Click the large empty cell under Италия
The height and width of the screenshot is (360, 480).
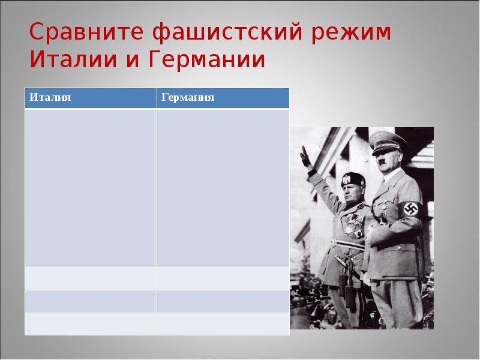pos(90,187)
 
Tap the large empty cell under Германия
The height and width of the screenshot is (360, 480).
pos(223,187)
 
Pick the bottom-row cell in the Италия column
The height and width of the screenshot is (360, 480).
pos(90,323)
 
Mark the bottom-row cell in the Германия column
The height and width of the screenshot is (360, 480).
pos(223,323)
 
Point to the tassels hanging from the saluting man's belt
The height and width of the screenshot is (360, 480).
pos(343,282)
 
